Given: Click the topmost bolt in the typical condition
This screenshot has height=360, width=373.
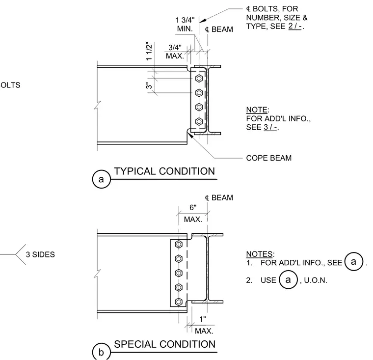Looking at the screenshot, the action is click(x=199, y=78).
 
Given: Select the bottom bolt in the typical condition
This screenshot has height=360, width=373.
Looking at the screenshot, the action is click(x=199, y=122).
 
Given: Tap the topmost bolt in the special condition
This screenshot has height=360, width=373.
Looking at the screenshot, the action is click(x=179, y=244).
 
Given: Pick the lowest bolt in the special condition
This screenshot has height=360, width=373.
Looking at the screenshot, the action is click(x=179, y=302).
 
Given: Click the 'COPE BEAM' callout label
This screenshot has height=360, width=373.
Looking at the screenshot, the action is click(x=269, y=158).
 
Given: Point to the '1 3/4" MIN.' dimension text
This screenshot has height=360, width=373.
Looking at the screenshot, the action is click(x=185, y=24).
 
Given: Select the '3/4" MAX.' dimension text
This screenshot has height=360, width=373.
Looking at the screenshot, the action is click(x=175, y=52).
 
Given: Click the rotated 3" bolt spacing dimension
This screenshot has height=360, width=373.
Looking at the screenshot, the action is click(x=149, y=85).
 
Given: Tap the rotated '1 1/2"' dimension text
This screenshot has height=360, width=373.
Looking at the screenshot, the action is click(x=149, y=52).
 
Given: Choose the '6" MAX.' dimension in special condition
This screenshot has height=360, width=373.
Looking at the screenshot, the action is click(x=193, y=213).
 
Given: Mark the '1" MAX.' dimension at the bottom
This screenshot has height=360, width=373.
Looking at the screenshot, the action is click(x=204, y=325).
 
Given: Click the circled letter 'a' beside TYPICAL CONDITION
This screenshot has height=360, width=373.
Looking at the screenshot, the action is click(x=101, y=179).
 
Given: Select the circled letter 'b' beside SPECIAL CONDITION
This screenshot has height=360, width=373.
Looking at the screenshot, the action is click(x=101, y=352).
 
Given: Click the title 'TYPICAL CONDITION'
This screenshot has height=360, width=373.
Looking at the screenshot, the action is click(x=164, y=171).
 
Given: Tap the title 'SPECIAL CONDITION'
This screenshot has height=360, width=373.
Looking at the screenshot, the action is click(x=164, y=344).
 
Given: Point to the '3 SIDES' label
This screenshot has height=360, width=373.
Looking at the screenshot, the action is click(x=40, y=254).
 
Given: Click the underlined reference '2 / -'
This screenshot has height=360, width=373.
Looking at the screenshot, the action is click(x=295, y=26).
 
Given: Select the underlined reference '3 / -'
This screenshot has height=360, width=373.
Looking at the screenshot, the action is click(x=270, y=127).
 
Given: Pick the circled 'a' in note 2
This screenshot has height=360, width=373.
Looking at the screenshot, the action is click(x=288, y=280).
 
